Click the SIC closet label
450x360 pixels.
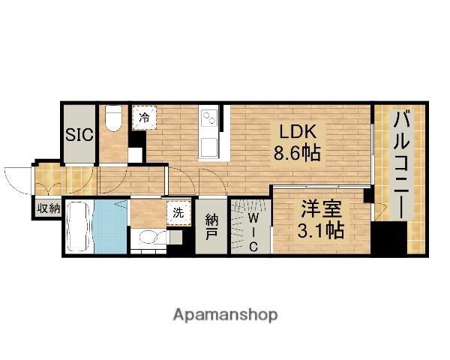pos(79,134)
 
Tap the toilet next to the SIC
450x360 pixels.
pos(113,118)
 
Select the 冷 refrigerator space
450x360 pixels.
pos(144,118)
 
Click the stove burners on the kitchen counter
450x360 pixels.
pos(209,118)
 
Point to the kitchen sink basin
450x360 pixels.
pos(208,147)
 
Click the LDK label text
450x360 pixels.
pos(298,132)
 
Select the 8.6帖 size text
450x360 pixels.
pos(297,152)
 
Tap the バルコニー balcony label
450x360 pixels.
pos(401,165)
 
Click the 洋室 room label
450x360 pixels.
pos(321,209)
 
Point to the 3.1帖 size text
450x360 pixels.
pos(320,230)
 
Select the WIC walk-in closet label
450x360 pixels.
pos(252,232)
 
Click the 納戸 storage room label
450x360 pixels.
pos(211,227)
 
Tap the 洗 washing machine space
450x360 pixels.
pos(178,213)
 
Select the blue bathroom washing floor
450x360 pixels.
pos(110,226)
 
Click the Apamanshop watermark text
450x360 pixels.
pos(225,315)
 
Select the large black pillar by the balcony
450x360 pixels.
pos(388,238)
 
